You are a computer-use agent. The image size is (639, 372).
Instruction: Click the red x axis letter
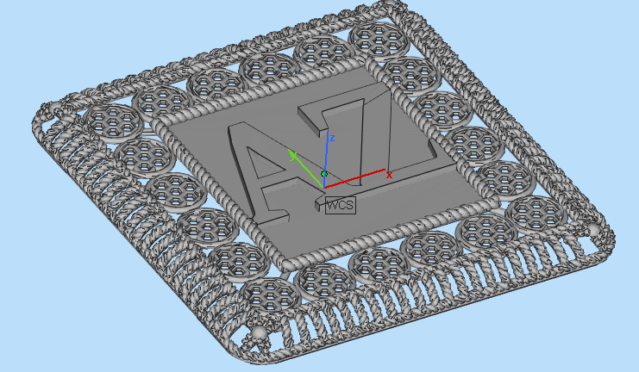[x=389, y=175]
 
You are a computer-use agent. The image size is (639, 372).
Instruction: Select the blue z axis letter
[x=332, y=137]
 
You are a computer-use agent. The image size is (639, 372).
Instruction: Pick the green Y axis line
[x=306, y=164]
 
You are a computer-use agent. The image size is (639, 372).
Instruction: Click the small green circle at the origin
[x=324, y=174]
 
